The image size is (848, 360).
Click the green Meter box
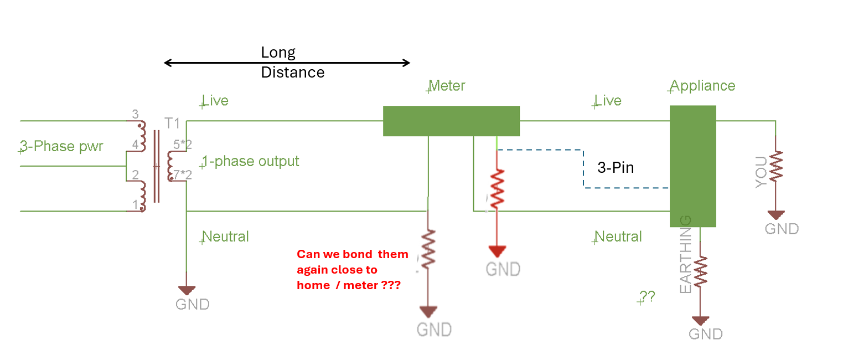tap(451, 121)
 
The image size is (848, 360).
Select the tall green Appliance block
tap(692, 166)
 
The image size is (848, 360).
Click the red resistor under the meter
tap(497, 188)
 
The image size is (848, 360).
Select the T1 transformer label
tap(173, 122)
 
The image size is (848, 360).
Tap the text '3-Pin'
tap(615, 168)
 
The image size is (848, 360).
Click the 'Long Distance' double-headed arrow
tap(287, 63)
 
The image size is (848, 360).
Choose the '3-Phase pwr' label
tap(61, 147)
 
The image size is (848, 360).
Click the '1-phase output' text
tap(251, 161)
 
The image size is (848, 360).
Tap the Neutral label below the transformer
tap(225, 236)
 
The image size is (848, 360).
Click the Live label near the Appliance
tap(608, 100)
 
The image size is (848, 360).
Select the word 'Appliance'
tap(702, 86)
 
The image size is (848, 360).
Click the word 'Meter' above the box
tap(447, 86)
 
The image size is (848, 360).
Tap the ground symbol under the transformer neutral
tap(187, 290)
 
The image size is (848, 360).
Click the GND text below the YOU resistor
tap(782, 229)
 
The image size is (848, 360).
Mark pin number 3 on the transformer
tap(135, 115)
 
